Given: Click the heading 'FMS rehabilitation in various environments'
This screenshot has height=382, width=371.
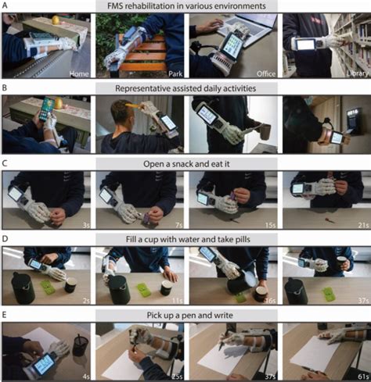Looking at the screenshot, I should point(186,6).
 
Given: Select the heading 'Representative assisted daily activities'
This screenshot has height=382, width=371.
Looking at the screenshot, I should point(186,88).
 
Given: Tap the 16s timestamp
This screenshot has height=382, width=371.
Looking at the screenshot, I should point(266,298).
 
